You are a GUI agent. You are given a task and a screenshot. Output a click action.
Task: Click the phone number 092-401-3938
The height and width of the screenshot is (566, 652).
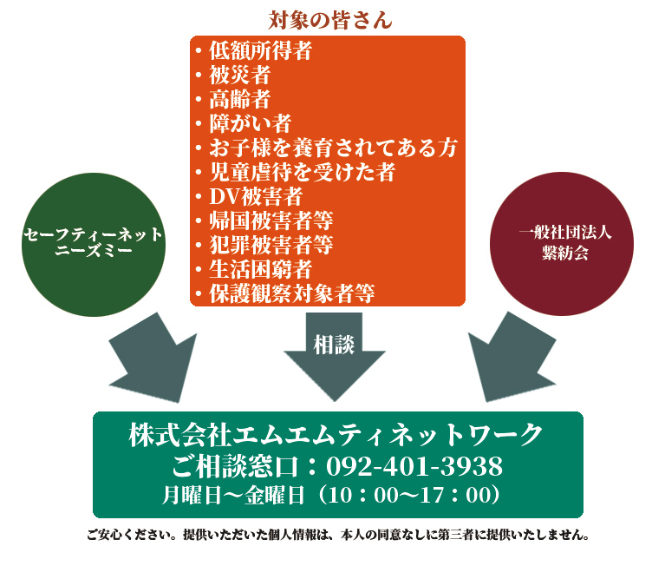414,467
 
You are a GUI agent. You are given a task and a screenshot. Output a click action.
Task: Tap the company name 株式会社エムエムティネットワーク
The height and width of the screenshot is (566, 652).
336,434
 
